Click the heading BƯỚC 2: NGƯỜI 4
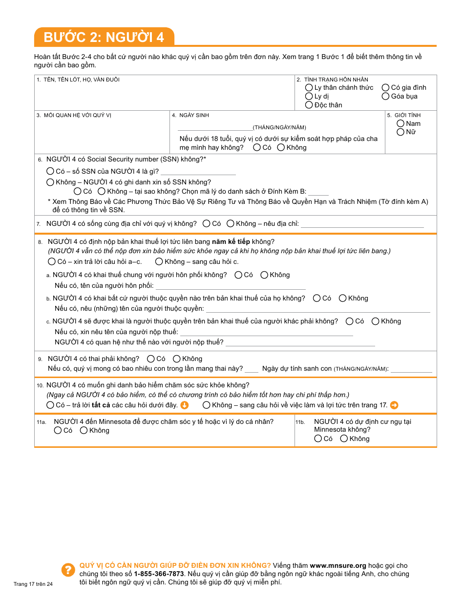pos(104,37)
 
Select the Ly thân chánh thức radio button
pos(309,87)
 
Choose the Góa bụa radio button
pos(385,96)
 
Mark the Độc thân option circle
pos(309,105)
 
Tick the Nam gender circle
pos(401,123)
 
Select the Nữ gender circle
pos(401,132)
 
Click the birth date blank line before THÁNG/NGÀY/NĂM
pos(215,128)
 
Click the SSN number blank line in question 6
pos(198,172)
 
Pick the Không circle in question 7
pos(230,223)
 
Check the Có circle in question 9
pos(150,359)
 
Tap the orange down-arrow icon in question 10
pos(184,405)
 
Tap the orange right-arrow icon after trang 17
pos(394,405)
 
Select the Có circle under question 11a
pos(58,430)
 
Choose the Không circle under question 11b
pos(344,439)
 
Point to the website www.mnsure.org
pos(337,566)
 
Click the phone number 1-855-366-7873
pos(159,574)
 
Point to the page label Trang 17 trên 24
pos(33,584)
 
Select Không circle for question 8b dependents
pos(342,298)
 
